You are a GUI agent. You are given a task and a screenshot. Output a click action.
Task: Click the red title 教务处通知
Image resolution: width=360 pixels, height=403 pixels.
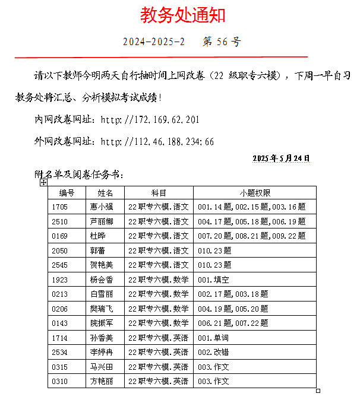(x=182, y=15)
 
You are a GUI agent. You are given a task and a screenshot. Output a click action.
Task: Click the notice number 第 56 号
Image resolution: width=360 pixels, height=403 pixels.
(x=222, y=42)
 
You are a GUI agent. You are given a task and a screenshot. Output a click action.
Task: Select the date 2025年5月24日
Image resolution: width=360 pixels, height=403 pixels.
(x=281, y=158)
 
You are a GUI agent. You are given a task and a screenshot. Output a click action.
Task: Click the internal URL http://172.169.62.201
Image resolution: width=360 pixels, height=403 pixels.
(x=150, y=120)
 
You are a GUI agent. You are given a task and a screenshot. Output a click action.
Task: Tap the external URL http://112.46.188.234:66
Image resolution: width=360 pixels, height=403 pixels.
(x=157, y=142)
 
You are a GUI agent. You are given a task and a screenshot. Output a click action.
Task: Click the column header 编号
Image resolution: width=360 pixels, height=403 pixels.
(x=67, y=193)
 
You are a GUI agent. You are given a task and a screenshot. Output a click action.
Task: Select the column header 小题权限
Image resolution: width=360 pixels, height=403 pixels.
(x=255, y=193)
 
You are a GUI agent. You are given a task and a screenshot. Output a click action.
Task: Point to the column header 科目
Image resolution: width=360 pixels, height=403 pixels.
(x=159, y=193)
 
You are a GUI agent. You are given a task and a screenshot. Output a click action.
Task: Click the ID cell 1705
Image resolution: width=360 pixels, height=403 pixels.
(x=60, y=207)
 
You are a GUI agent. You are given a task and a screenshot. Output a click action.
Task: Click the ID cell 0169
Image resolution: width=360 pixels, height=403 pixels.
(x=60, y=236)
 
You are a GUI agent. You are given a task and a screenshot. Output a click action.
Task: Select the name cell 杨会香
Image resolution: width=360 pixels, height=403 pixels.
(x=101, y=280)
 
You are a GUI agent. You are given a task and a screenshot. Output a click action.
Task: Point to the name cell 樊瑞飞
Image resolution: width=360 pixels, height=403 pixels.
(x=101, y=309)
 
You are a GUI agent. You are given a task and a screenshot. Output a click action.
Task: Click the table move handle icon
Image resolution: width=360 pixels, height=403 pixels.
(x=43, y=183)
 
